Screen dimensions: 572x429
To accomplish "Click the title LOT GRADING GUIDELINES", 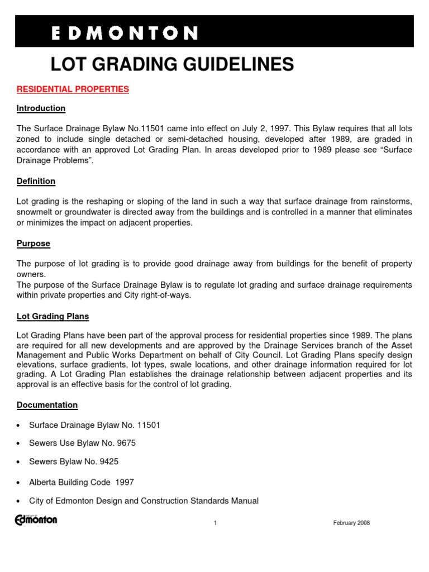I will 172,65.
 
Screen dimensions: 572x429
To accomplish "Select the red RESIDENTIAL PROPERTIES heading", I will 73,89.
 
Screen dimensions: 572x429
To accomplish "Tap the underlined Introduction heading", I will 41,108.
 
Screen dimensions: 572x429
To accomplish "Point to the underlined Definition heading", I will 36,182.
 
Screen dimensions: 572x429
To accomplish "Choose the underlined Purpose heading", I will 34,244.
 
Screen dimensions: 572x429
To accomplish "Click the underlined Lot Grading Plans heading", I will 53,317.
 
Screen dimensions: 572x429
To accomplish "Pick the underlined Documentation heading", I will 47,405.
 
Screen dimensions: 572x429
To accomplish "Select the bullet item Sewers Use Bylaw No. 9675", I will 82,444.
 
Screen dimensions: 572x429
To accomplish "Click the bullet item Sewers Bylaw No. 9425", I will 73,462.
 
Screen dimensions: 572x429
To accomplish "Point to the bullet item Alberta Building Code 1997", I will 82,482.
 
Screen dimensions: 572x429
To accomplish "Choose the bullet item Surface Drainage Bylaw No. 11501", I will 94,425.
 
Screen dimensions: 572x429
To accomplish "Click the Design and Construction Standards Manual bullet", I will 144,501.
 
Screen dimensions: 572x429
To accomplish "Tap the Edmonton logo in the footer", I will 36,520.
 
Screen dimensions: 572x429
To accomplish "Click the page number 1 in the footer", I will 214,523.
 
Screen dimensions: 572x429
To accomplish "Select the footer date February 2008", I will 351,523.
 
